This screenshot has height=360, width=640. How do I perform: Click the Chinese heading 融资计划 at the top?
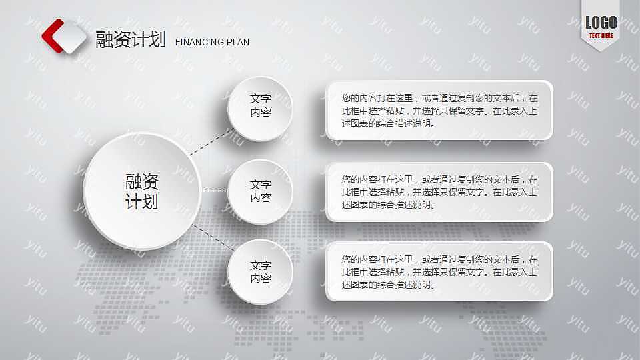click(131, 39)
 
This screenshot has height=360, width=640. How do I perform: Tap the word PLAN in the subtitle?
click(238, 42)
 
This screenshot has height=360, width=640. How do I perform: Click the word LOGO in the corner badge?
click(601, 23)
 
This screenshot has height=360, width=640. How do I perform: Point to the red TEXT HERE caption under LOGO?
click(601, 36)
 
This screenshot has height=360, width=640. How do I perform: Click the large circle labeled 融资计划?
click(142, 191)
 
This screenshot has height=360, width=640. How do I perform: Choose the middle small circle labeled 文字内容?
click(260, 191)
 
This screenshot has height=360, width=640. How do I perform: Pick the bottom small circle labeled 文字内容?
click(260, 272)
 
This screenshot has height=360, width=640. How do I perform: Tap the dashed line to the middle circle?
click(214, 191)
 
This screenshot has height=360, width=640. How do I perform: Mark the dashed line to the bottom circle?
click(211, 238)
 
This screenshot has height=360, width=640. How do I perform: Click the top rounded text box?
click(439, 110)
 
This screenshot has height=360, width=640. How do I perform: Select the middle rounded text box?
click(439, 192)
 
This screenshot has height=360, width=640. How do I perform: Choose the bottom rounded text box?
click(439, 271)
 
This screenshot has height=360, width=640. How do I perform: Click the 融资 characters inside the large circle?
click(142, 181)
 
